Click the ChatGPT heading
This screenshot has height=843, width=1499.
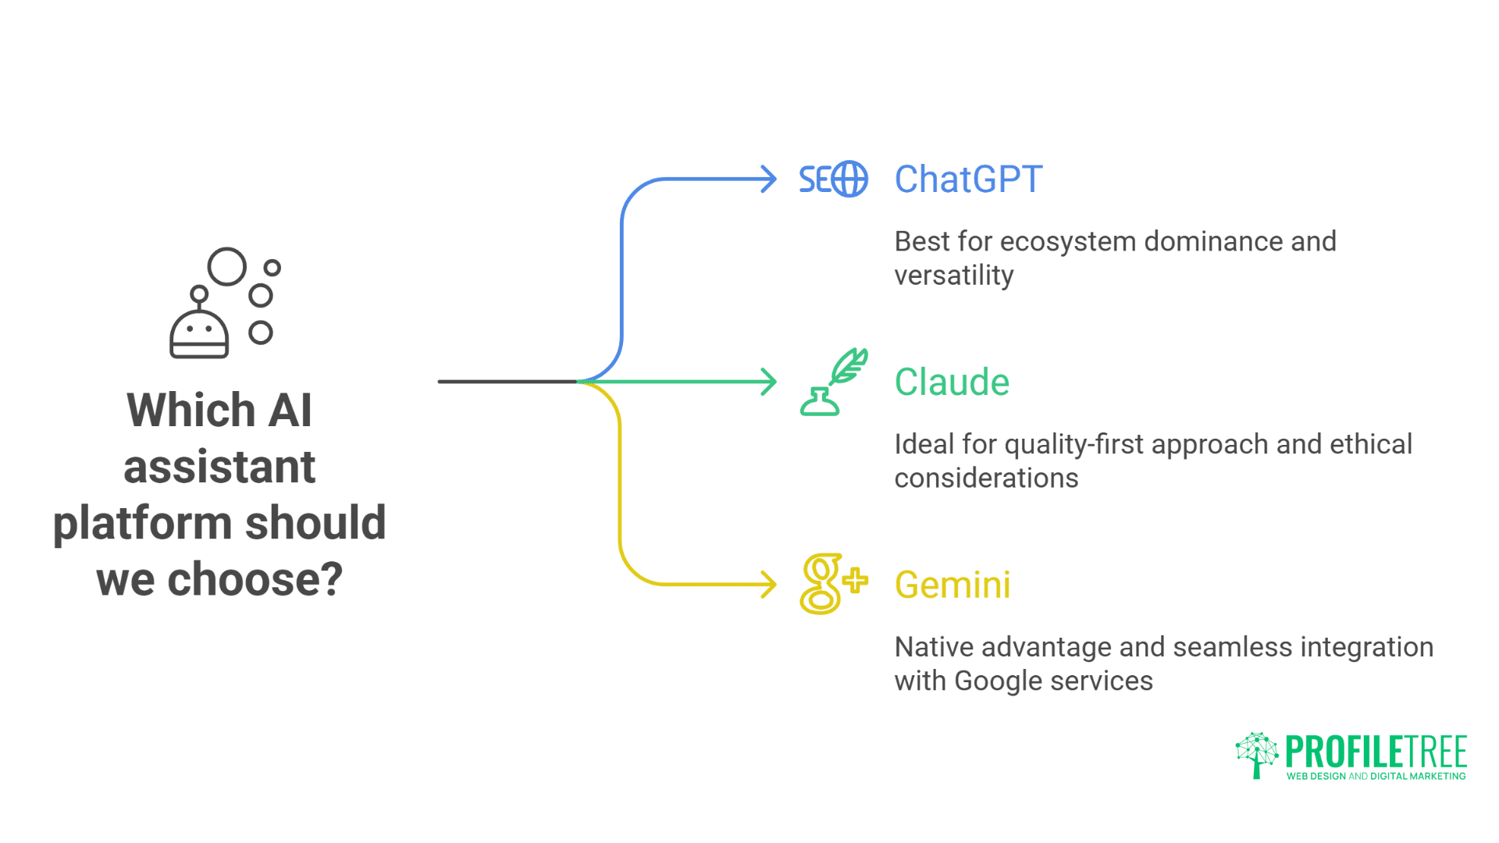968,180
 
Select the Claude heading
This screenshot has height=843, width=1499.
952,382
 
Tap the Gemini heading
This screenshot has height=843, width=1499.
952,585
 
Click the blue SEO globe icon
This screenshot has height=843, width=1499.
833,180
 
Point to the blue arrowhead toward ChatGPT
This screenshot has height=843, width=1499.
770,179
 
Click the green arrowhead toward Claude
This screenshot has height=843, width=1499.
770,382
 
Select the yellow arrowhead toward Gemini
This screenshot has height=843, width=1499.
770,584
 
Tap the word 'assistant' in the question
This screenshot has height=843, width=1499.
219,467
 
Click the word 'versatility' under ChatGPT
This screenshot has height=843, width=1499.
953,276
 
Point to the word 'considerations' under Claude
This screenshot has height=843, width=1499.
986,478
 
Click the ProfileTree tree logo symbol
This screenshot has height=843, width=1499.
1256,754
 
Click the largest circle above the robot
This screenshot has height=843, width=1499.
227,267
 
